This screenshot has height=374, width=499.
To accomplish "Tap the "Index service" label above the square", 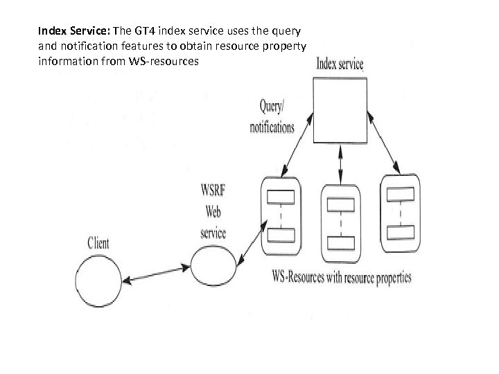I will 340,65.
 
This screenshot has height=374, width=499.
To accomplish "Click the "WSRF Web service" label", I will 213,211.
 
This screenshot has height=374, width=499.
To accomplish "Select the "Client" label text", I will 98,243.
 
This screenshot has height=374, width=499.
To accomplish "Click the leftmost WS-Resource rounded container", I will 281,217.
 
